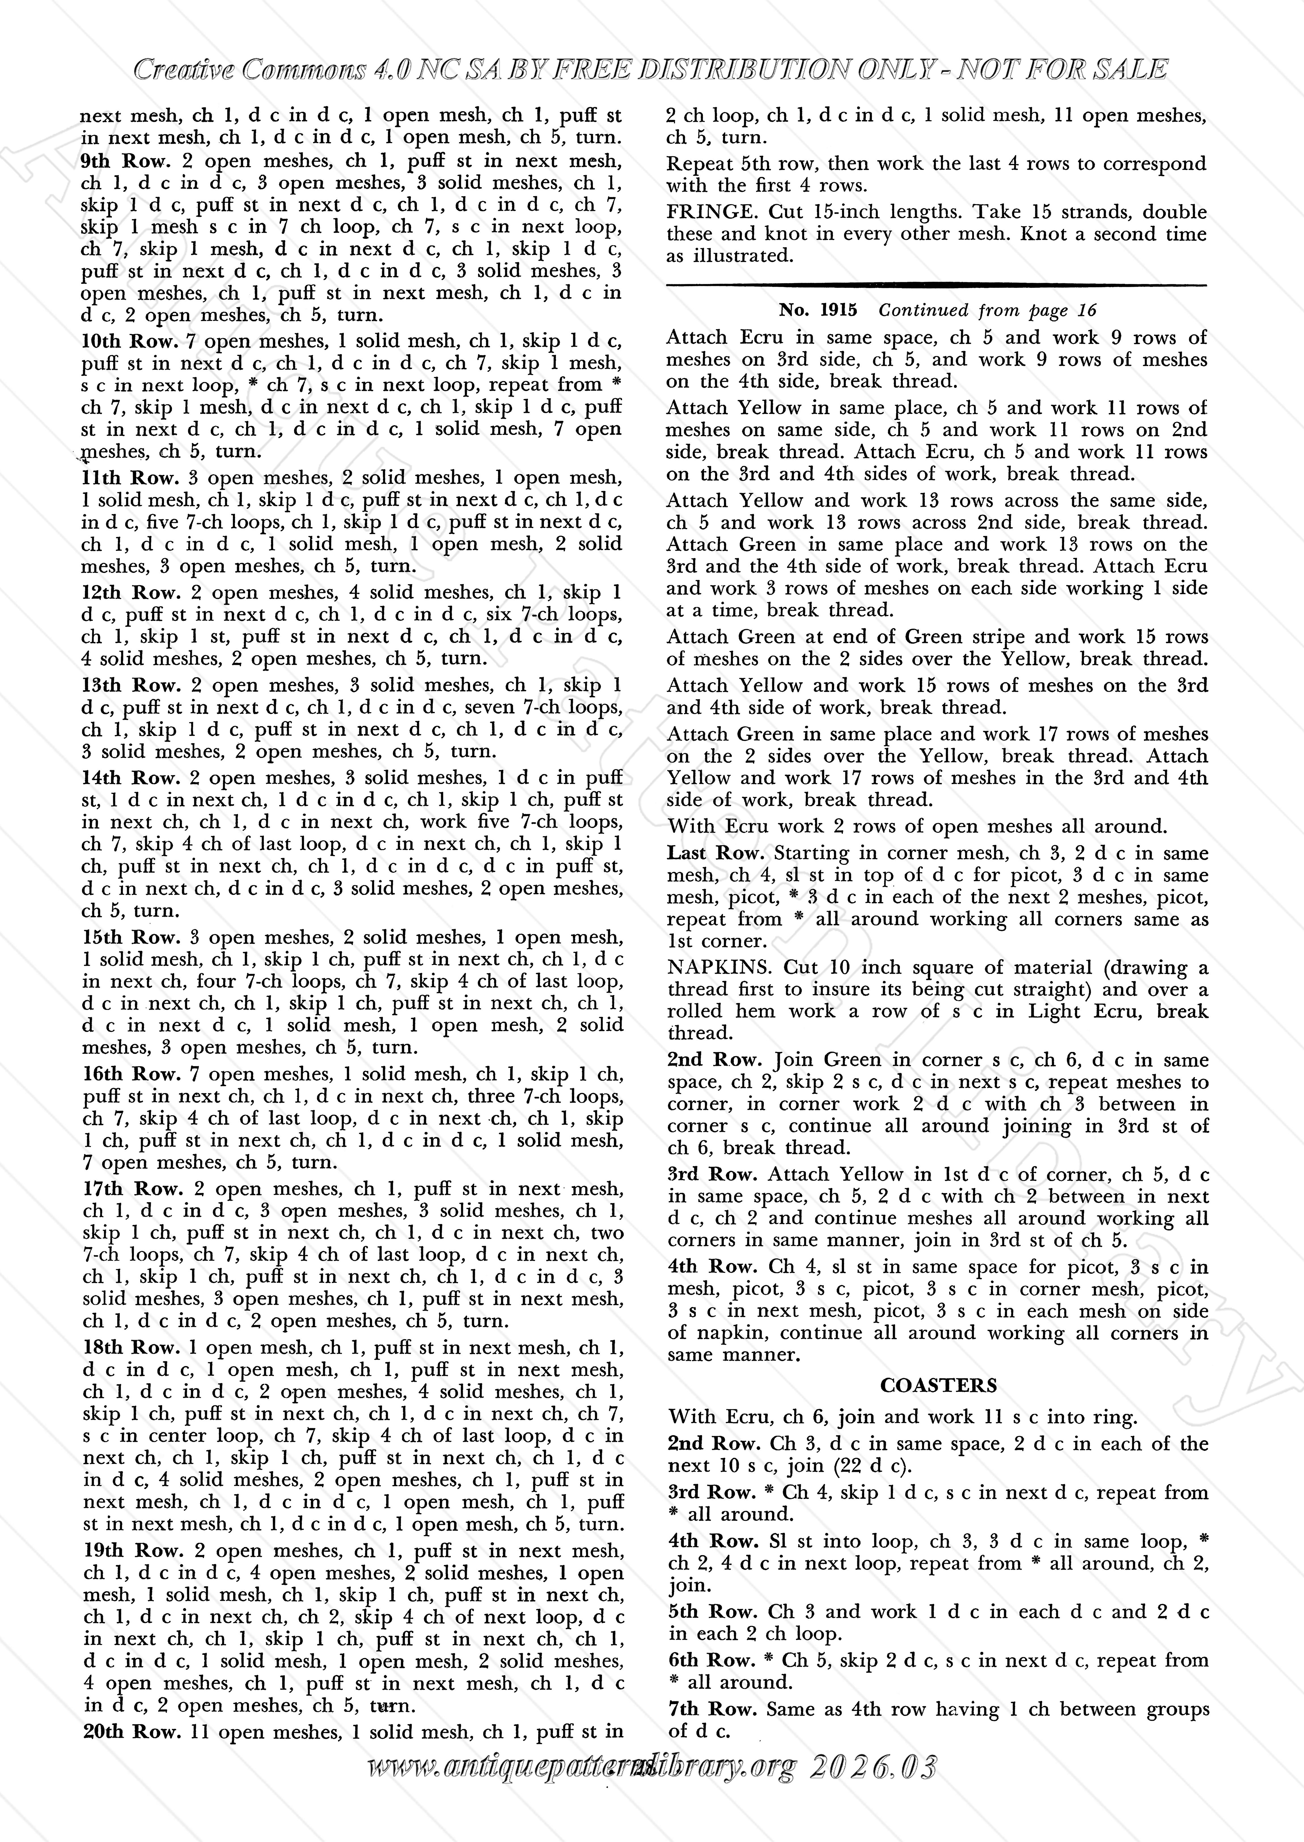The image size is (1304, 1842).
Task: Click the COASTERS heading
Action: (x=938, y=1385)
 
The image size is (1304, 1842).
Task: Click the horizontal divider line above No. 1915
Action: (x=936, y=284)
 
